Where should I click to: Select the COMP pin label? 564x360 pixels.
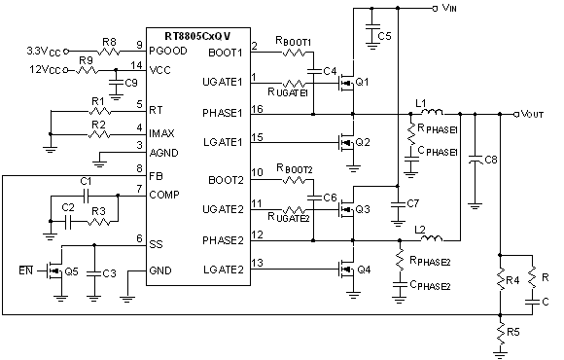click(x=164, y=196)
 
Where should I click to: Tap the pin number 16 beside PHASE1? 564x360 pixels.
click(x=257, y=109)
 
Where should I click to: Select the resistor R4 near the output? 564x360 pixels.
click(x=499, y=282)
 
